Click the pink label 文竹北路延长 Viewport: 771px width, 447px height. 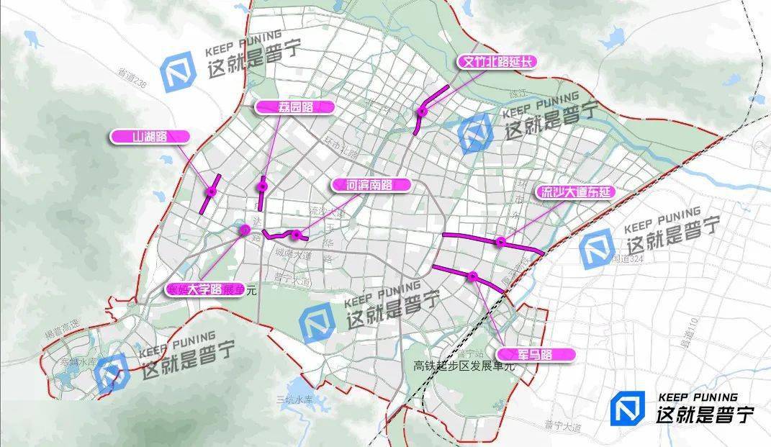[498, 62]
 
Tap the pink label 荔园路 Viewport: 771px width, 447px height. [295, 107]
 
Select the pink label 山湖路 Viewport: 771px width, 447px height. [150, 136]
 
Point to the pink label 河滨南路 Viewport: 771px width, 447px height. [371, 185]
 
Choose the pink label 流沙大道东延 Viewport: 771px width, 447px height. [574, 192]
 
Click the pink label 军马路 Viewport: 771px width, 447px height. [535, 354]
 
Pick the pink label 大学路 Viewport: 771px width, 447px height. [204, 290]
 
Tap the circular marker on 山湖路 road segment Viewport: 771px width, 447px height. [211, 192]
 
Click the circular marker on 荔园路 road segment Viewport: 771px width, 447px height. [263, 187]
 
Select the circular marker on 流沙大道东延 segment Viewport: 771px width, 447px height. [500, 242]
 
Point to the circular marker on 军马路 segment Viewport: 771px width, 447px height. [472, 276]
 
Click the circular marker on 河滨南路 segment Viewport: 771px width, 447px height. [296, 235]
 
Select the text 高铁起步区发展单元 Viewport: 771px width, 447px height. [465, 366]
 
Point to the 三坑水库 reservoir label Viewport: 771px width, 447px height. [295, 399]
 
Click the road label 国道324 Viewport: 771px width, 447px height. [622, 257]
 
